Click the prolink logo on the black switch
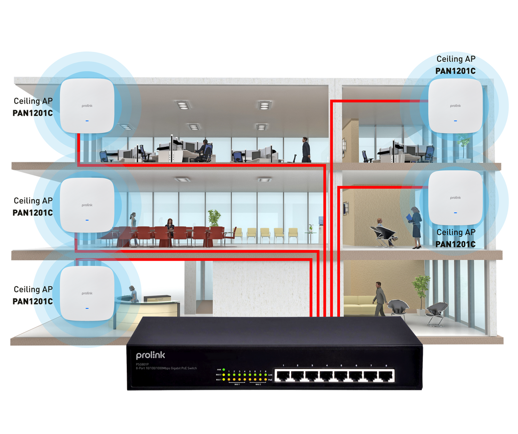coord(151,355)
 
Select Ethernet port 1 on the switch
coord(283,375)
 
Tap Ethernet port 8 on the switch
coord(386,375)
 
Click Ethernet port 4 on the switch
coord(327,375)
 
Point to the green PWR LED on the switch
coord(224,370)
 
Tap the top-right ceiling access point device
coord(455,105)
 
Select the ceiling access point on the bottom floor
coord(87,293)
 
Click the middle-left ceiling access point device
coord(87,204)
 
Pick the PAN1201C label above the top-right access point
coord(455,71)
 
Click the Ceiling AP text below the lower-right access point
coord(455,233)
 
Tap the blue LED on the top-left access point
coord(87,121)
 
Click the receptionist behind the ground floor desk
coord(134,294)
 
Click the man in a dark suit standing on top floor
coord(306,149)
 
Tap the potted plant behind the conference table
coord(214,218)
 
